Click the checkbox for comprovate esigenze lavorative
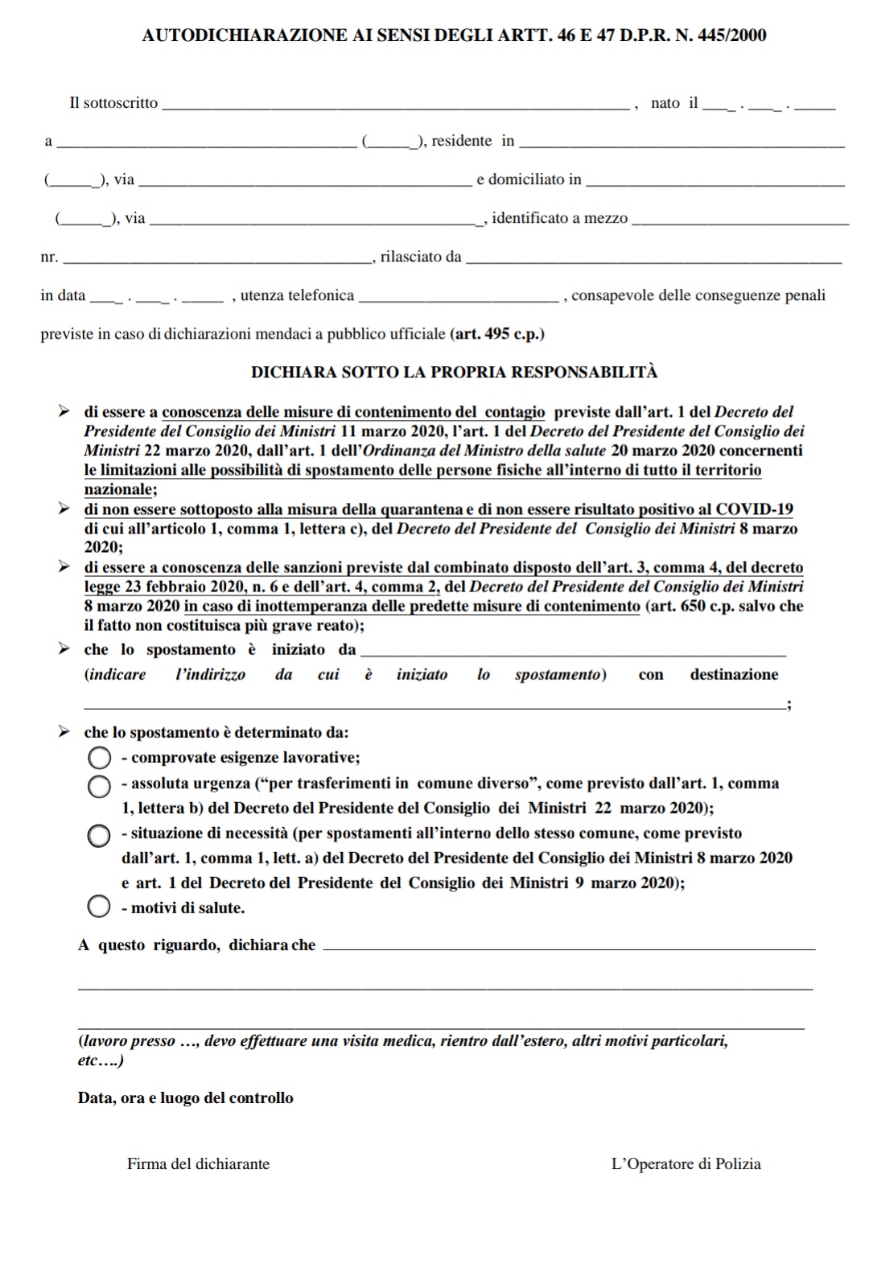(x=99, y=758)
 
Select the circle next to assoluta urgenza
(x=99, y=786)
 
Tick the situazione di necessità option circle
(x=99, y=836)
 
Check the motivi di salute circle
(x=99, y=908)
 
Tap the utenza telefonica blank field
(x=458, y=298)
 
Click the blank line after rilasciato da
(x=653, y=259)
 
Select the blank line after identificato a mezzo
(x=740, y=220)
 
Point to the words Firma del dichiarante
(x=198, y=1163)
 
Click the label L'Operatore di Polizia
(x=686, y=1163)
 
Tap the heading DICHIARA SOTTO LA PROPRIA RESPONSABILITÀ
(x=454, y=372)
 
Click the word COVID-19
(x=754, y=509)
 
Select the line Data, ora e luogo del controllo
(x=185, y=1097)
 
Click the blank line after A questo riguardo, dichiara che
(x=568, y=947)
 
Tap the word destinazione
(x=734, y=674)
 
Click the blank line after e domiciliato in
(x=715, y=182)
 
